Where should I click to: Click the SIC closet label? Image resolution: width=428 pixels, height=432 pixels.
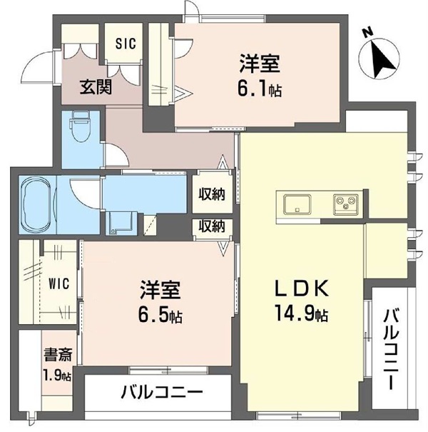pos(126,42)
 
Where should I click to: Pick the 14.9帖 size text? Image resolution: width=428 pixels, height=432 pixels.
pos(302,313)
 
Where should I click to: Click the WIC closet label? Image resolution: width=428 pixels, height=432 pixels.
pos(58,283)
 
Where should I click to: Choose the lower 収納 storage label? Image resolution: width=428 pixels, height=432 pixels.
pos(212,227)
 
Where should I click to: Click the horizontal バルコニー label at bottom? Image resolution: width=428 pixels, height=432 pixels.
pos(161,392)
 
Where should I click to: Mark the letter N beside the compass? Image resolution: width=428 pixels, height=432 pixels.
pos(366,32)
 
